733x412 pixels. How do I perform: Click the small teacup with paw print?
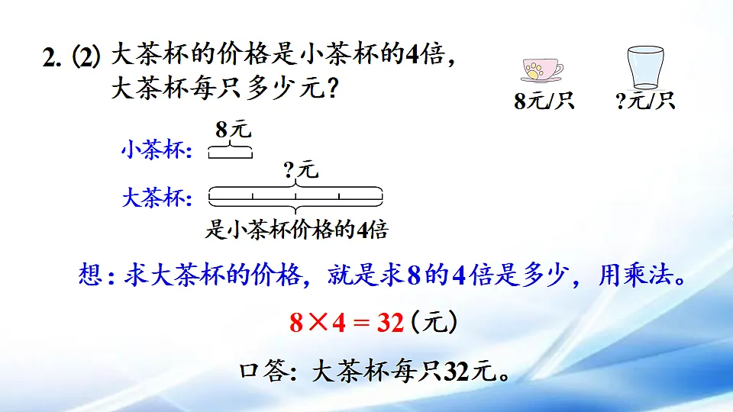pos(541,70)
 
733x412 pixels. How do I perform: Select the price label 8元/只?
pos(543,101)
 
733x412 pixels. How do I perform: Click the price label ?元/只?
pos(645,101)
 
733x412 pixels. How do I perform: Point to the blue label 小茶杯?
pos(156,150)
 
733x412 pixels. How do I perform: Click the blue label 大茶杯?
pos(156,199)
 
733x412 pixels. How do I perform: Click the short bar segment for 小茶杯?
pos(230,154)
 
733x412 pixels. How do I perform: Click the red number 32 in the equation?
pos(390,323)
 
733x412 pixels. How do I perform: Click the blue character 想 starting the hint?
pos(91,275)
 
